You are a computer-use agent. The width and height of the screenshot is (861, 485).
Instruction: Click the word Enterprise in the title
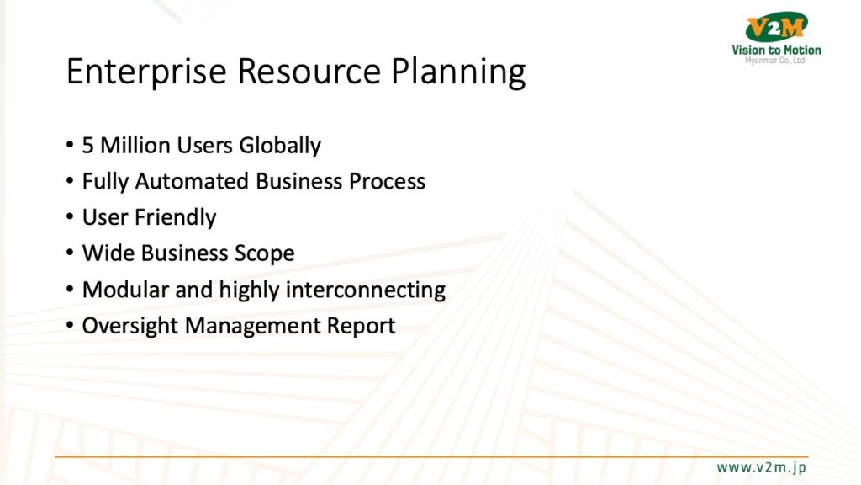pyautogui.click(x=146, y=72)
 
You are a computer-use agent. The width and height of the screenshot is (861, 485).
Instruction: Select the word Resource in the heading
pyautogui.click(x=309, y=71)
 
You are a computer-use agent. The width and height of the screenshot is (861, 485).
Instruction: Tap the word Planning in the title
pyautogui.click(x=458, y=72)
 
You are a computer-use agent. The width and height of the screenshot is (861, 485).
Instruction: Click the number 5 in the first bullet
pyautogui.click(x=87, y=145)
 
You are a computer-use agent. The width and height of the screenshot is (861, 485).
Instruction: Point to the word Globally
pyautogui.click(x=280, y=146)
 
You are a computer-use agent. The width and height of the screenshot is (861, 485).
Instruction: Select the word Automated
pyautogui.click(x=192, y=182)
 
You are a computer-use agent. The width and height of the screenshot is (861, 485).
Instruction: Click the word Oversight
pyautogui.click(x=130, y=326)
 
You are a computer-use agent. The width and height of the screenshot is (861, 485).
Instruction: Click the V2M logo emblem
pyautogui.click(x=776, y=27)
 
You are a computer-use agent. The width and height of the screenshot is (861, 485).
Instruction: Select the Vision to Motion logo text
pyautogui.click(x=776, y=50)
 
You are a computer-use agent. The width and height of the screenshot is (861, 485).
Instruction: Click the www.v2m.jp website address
pyautogui.click(x=761, y=467)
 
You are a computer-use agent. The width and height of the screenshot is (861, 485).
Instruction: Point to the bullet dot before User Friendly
pyautogui.click(x=70, y=216)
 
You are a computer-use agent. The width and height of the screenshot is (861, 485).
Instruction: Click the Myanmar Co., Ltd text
pyautogui.click(x=774, y=61)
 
